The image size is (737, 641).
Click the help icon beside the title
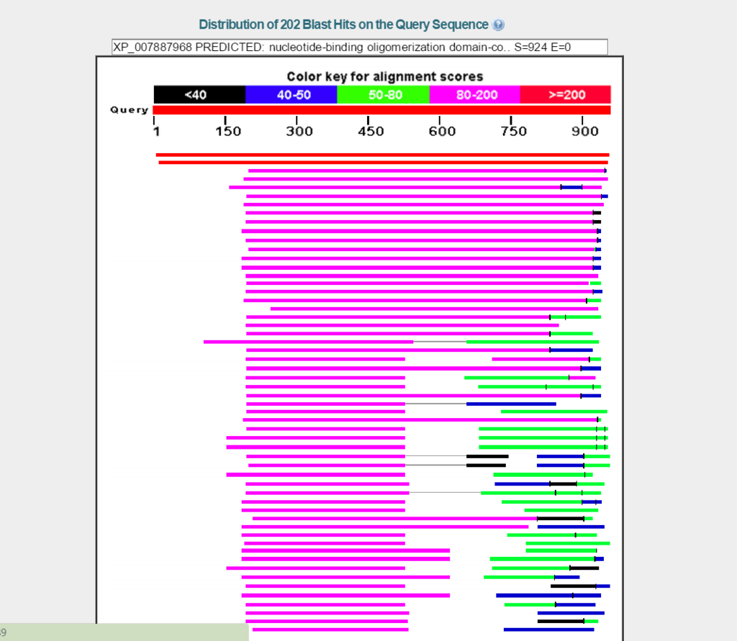[499, 25]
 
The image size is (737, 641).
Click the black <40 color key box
[199, 95]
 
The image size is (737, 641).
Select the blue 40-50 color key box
[291, 95]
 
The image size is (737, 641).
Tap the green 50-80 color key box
[383, 95]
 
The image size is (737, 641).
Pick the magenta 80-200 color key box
[474, 95]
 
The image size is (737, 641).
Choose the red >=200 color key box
[566, 95]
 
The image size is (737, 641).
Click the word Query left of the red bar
[130, 110]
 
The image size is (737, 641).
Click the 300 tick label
[299, 132]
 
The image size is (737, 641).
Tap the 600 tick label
[442, 132]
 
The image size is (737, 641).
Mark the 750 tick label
[513, 132]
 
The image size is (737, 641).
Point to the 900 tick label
[584, 132]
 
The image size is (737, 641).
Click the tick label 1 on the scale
[155, 132]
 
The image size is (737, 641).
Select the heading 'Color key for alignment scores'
[384, 77]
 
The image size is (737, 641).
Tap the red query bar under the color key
[381, 110]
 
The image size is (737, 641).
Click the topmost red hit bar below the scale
[382, 155]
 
